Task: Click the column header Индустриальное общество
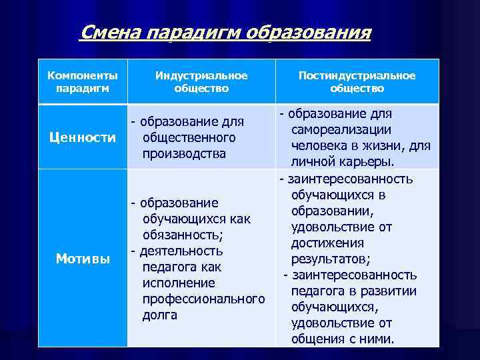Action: point(201,81)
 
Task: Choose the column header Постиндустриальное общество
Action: point(357,81)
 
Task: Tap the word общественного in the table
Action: point(189,137)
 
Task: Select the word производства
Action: point(184,153)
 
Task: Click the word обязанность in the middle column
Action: point(181,235)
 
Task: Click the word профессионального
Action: point(203,299)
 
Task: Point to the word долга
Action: point(160,315)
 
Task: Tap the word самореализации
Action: point(341,129)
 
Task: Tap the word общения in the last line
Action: point(317,339)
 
